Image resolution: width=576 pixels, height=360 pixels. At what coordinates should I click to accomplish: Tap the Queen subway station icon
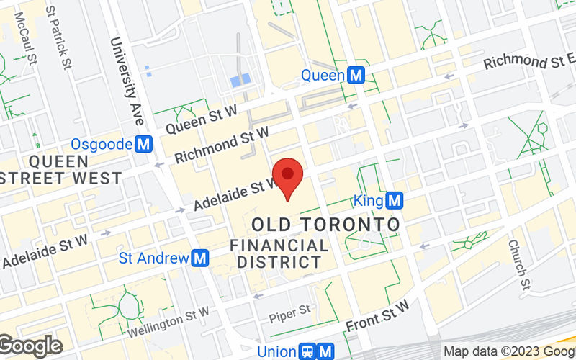pyautogui.click(x=355, y=74)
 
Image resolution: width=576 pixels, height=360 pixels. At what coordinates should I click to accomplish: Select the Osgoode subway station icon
pyautogui.click(x=144, y=144)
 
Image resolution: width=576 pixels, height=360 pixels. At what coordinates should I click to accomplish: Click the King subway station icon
pyautogui.click(x=393, y=199)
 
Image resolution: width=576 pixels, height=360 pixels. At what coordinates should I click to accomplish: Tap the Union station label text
pyautogui.click(x=277, y=352)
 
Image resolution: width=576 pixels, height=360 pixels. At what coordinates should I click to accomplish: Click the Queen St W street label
pyautogui.click(x=202, y=117)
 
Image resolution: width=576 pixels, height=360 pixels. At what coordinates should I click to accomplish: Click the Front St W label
pyautogui.click(x=377, y=315)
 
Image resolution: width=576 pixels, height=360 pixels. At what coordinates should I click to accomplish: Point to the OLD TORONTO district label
pyautogui.click(x=325, y=224)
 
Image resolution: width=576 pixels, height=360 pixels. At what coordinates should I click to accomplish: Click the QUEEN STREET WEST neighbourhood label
pyautogui.click(x=60, y=168)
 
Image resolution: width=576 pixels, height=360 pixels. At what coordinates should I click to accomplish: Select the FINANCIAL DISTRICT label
pyautogui.click(x=280, y=254)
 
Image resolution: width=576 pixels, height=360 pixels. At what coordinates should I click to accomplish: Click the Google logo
pyautogui.click(x=30, y=346)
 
